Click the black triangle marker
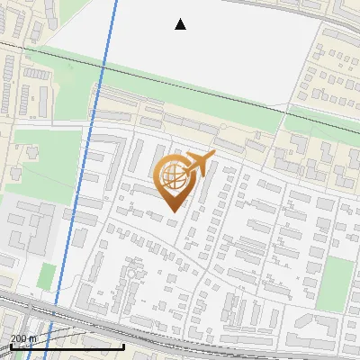click(181, 24)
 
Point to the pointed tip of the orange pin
click(173, 211)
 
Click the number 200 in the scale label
click(19, 338)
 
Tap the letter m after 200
click(32, 338)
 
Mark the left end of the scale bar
click(11, 346)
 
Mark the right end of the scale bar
click(124, 346)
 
